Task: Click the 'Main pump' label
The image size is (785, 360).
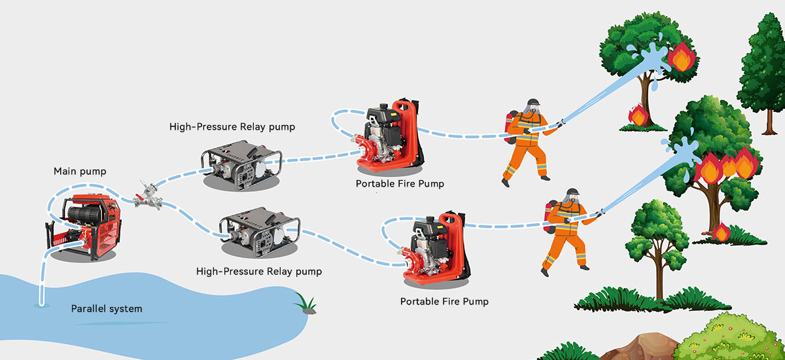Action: pyautogui.click(x=80, y=171)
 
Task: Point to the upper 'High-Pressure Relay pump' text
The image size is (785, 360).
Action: pyautogui.click(x=232, y=126)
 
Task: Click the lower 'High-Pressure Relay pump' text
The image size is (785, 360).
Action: pyautogui.click(x=259, y=271)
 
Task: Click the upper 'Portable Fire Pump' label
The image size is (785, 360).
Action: pyautogui.click(x=400, y=184)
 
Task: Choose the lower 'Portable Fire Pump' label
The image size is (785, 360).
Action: pyautogui.click(x=444, y=302)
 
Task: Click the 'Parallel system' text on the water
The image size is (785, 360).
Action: pyautogui.click(x=107, y=308)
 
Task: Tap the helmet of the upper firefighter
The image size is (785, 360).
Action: pyautogui.click(x=534, y=104)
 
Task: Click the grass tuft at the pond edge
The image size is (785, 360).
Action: pyautogui.click(x=304, y=303)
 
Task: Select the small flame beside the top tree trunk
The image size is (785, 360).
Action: pyautogui.click(x=637, y=115)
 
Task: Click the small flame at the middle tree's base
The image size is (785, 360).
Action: pyautogui.click(x=721, y=232)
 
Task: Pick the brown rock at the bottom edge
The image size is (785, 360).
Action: pyautogui.click(x=638, y=346)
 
